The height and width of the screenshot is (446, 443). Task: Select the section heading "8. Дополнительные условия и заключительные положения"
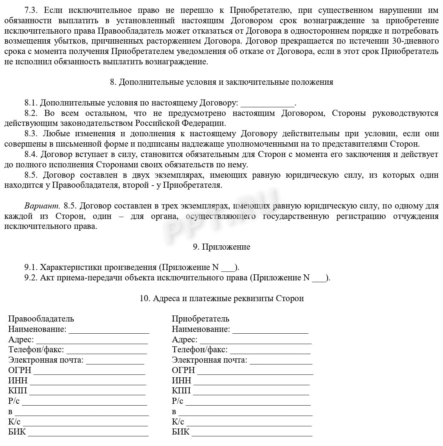[221, 82]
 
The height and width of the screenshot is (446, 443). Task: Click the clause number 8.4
[31, 155]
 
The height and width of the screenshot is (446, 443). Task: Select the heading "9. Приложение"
[221, 247]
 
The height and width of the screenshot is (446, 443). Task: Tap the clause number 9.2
[31, 278]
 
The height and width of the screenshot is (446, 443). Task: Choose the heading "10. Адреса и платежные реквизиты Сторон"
[221, 299]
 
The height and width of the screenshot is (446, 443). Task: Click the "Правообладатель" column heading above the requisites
[41, 319]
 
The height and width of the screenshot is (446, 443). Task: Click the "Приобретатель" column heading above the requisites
[200, 319]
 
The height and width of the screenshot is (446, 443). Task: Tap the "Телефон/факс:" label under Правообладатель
[36, 350]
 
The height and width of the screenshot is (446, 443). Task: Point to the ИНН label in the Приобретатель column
[181, 381]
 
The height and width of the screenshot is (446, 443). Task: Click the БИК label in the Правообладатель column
[17, 432]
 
